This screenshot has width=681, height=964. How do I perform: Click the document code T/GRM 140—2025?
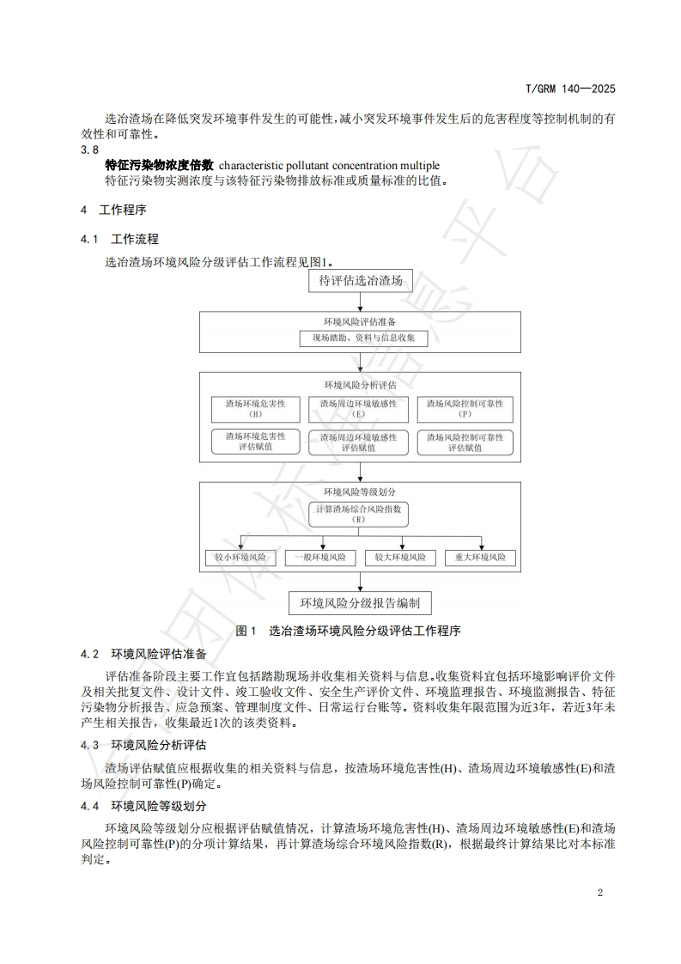coord(570,88)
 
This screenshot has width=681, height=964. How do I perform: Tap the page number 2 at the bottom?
coord(600,892)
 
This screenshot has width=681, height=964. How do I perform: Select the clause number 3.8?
coord(90,149)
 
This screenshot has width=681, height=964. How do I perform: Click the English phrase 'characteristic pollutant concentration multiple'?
coord(329,165)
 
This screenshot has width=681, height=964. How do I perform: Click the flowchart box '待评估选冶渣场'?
coord(360,280)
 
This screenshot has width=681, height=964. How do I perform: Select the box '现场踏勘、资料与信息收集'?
coord(360,339)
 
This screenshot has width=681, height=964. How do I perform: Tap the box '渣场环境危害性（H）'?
coord(255,408)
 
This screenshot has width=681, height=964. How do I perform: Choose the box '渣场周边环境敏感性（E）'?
coord(359,408)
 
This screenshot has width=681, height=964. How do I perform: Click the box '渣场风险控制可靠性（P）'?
coord(465,408)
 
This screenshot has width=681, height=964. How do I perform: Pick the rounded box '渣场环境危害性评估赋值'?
coord(255,442)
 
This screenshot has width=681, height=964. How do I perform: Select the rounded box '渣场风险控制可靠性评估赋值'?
coord(465,442)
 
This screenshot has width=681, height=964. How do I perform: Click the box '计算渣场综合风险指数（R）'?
coord(359,515)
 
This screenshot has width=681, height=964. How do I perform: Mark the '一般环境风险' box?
coord(320,558)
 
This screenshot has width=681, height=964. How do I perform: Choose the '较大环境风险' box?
coord(400,558)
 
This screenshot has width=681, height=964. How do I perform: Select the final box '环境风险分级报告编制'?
coord(360,602)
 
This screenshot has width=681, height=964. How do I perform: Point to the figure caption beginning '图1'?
coord(349,631)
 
